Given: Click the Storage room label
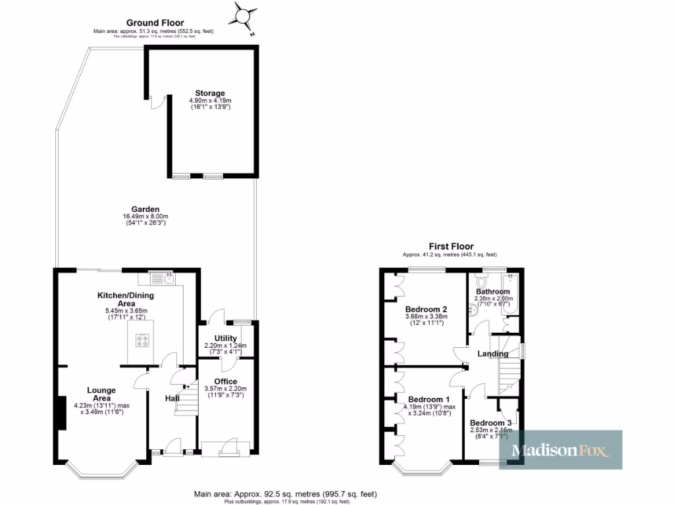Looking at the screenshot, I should click(x=209, y=93).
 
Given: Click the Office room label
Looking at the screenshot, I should click(x=226, y=381).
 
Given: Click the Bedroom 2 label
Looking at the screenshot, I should click(x=427, y=309).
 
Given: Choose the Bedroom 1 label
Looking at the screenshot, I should click(x=429, y=399).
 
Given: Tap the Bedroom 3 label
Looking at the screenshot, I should click(x=490, y=422).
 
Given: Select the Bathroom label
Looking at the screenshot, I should click(x=493, y=291).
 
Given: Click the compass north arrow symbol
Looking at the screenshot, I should click(x=245, y=14).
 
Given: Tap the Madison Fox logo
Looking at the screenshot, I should click(x=560, y=450).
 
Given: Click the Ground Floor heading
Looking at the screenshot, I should click(x=155, y=23).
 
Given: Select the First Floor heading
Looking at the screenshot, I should click(x=451, y=247).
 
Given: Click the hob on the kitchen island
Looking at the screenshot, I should click(x=143, y=340).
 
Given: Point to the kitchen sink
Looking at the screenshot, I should click(x=161, y=279).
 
